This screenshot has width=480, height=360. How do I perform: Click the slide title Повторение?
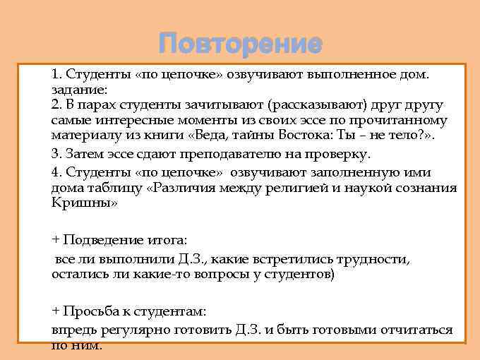240,44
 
